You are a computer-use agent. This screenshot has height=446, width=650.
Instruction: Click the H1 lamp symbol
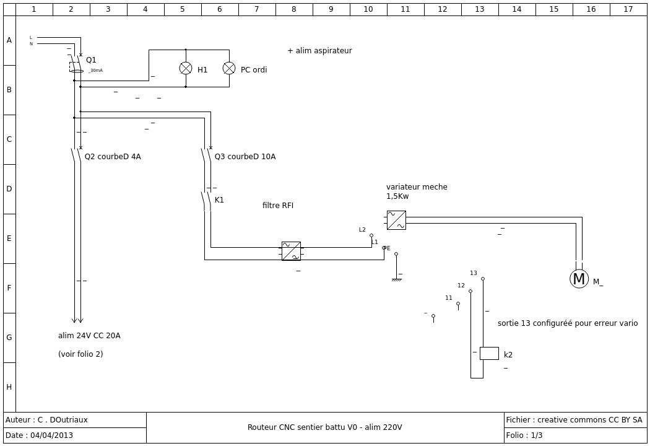(186, 69)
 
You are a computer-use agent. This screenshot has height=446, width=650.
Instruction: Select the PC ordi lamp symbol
(229, 69)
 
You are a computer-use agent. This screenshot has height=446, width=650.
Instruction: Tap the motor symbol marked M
(579, 279)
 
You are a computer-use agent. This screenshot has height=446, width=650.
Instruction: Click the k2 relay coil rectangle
(489, 354)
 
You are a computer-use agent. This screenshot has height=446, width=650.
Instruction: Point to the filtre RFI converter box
(291, 251)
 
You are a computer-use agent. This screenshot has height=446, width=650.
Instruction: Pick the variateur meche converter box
(396, 221)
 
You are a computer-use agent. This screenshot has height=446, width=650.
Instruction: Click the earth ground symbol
(397, 280)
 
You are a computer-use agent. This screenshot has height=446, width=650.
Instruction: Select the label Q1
(91, 60)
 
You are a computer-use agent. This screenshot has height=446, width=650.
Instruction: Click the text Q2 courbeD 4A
(113, 157)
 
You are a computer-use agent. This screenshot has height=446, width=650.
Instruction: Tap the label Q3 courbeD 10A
(245, 157)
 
